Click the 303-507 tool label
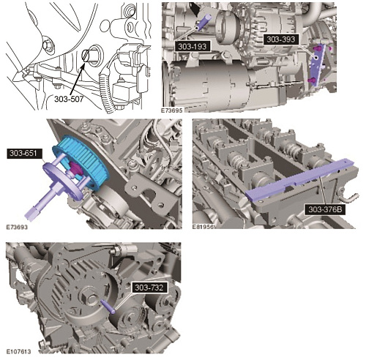coord(69,100)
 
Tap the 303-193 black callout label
coord(193,46)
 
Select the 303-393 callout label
coord(281,40)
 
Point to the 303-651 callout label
coord(23,153)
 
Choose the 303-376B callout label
coord(325,209)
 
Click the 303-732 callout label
coord(149,288)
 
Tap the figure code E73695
coord(171,110)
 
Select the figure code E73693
coord(17,228)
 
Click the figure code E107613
coord(18,351)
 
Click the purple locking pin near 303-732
coord(108,307)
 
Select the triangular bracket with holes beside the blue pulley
coord(152,192)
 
